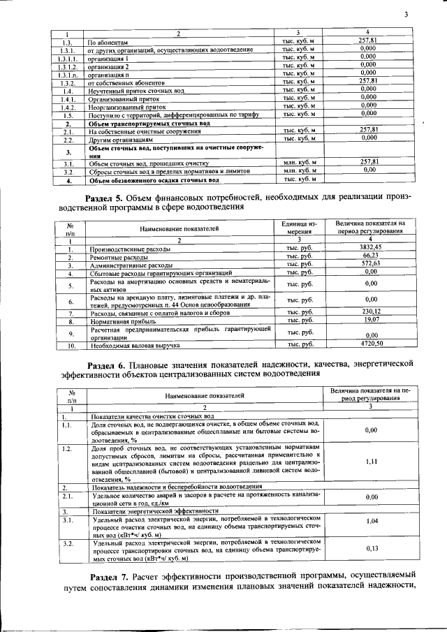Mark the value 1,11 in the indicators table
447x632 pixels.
(x=372, y=462)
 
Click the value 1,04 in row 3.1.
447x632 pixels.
(x=372, y=522)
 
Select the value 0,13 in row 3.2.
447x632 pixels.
(x=372, y=548)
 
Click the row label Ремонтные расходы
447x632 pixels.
(x=114, y=257)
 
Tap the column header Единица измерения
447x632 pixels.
(x=298, y=228)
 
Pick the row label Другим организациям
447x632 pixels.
(x=116, y=139)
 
